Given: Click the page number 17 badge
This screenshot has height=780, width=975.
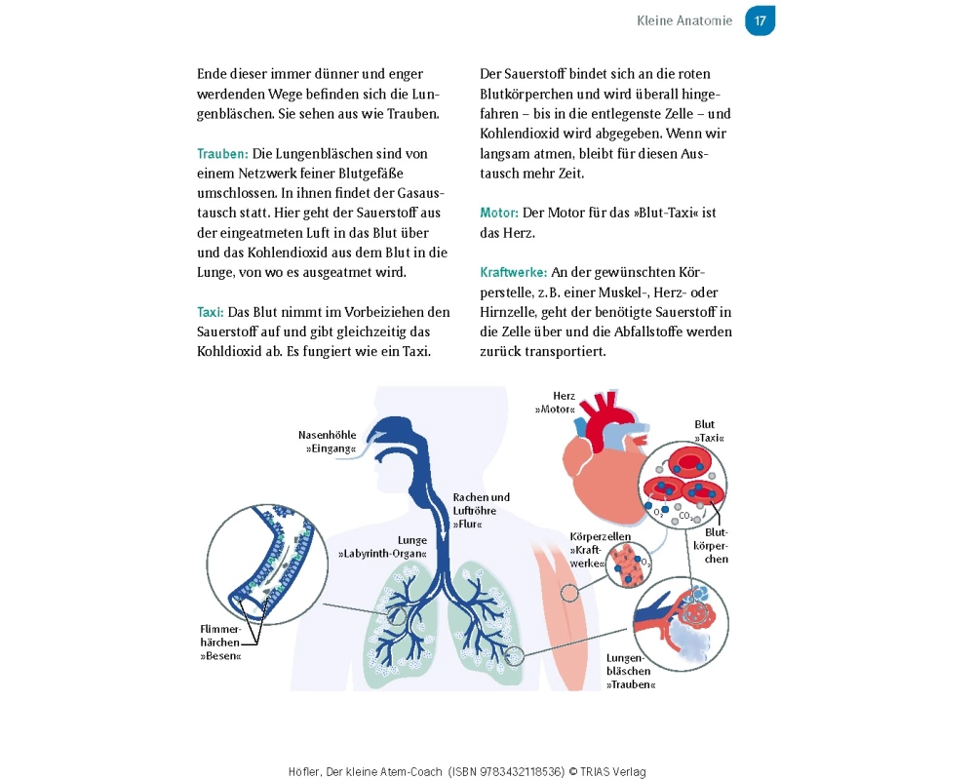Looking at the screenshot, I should pyautogui.click(x=760, y=20).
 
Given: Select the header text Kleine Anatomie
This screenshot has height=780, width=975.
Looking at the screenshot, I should pyautogui.click(x=683, y=20).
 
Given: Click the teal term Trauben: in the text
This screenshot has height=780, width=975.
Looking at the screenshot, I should pyautogui.click(x=222, y=154).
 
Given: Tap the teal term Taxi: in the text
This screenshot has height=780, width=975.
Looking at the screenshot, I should pyautogui.click(x=211, y=312).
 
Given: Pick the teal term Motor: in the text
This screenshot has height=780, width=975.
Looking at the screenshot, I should pyautogui.click(x=499, y=213).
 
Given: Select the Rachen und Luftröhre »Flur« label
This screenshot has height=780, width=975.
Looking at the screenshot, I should pyautogui.click(x=481, y=510).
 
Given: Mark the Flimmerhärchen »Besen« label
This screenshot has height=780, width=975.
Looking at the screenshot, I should pyautogui.click(x=220, y=643).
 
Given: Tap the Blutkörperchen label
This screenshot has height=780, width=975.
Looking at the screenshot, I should pyautogui.click(x=716, y=546).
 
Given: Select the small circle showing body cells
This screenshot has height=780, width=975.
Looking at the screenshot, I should pyautogui.click(x=630, y=565).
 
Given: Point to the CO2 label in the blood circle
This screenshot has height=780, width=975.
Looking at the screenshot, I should pyautogui.click(x=684, y=514).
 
